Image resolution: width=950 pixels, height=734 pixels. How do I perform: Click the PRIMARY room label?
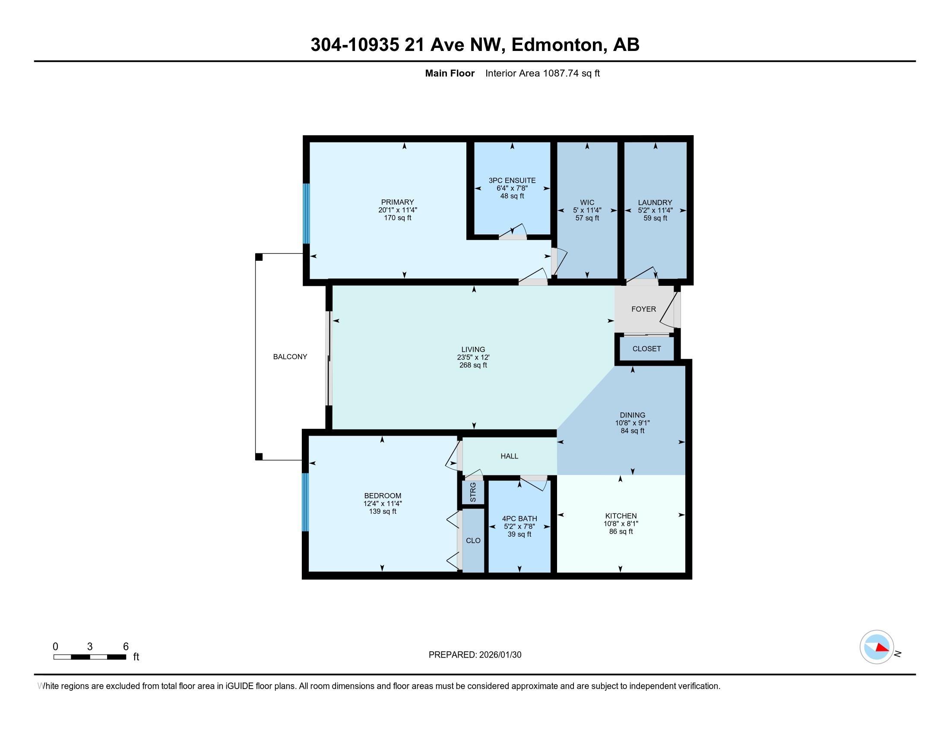(397, 202)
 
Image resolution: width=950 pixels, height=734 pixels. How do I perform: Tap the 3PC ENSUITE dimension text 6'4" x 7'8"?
(512, 188)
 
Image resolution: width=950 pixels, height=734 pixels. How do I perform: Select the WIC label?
(587, 202)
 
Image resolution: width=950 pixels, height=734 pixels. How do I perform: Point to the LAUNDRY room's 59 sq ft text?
(655, 218)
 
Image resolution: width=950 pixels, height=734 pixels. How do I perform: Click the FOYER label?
(643, 309)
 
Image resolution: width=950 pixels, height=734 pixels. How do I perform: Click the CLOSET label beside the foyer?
(646, 349)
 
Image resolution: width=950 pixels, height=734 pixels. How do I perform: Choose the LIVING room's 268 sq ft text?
(473, 365)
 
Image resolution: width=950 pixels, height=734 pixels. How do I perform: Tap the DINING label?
(633, 415)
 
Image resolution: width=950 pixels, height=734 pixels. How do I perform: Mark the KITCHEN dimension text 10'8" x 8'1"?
(620, 524)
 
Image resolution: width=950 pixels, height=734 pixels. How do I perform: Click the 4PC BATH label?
(519, 518)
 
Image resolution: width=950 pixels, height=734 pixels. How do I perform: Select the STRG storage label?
(473, 492)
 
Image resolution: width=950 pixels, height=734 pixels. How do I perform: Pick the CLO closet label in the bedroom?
(473, 541)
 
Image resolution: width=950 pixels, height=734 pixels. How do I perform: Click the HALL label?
(509, 456)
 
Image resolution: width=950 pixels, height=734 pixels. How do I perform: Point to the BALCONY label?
(290, 357)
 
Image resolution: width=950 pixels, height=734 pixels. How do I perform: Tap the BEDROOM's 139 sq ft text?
(382, 511)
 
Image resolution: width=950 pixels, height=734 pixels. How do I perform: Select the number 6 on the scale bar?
(126, 647)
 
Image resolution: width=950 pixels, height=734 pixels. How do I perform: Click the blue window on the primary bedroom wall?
(306, 213)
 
